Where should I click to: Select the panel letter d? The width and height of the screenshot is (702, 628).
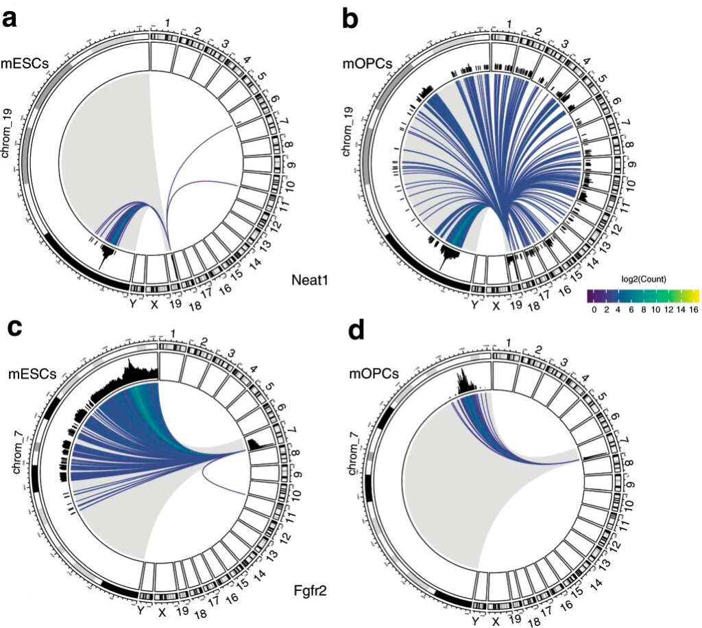(356, 332)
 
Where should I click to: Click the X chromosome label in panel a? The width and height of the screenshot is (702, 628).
(154, 304)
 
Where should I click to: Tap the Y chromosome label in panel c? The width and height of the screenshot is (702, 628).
(141, 610)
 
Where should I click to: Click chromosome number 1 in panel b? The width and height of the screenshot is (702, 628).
(509, 25)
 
